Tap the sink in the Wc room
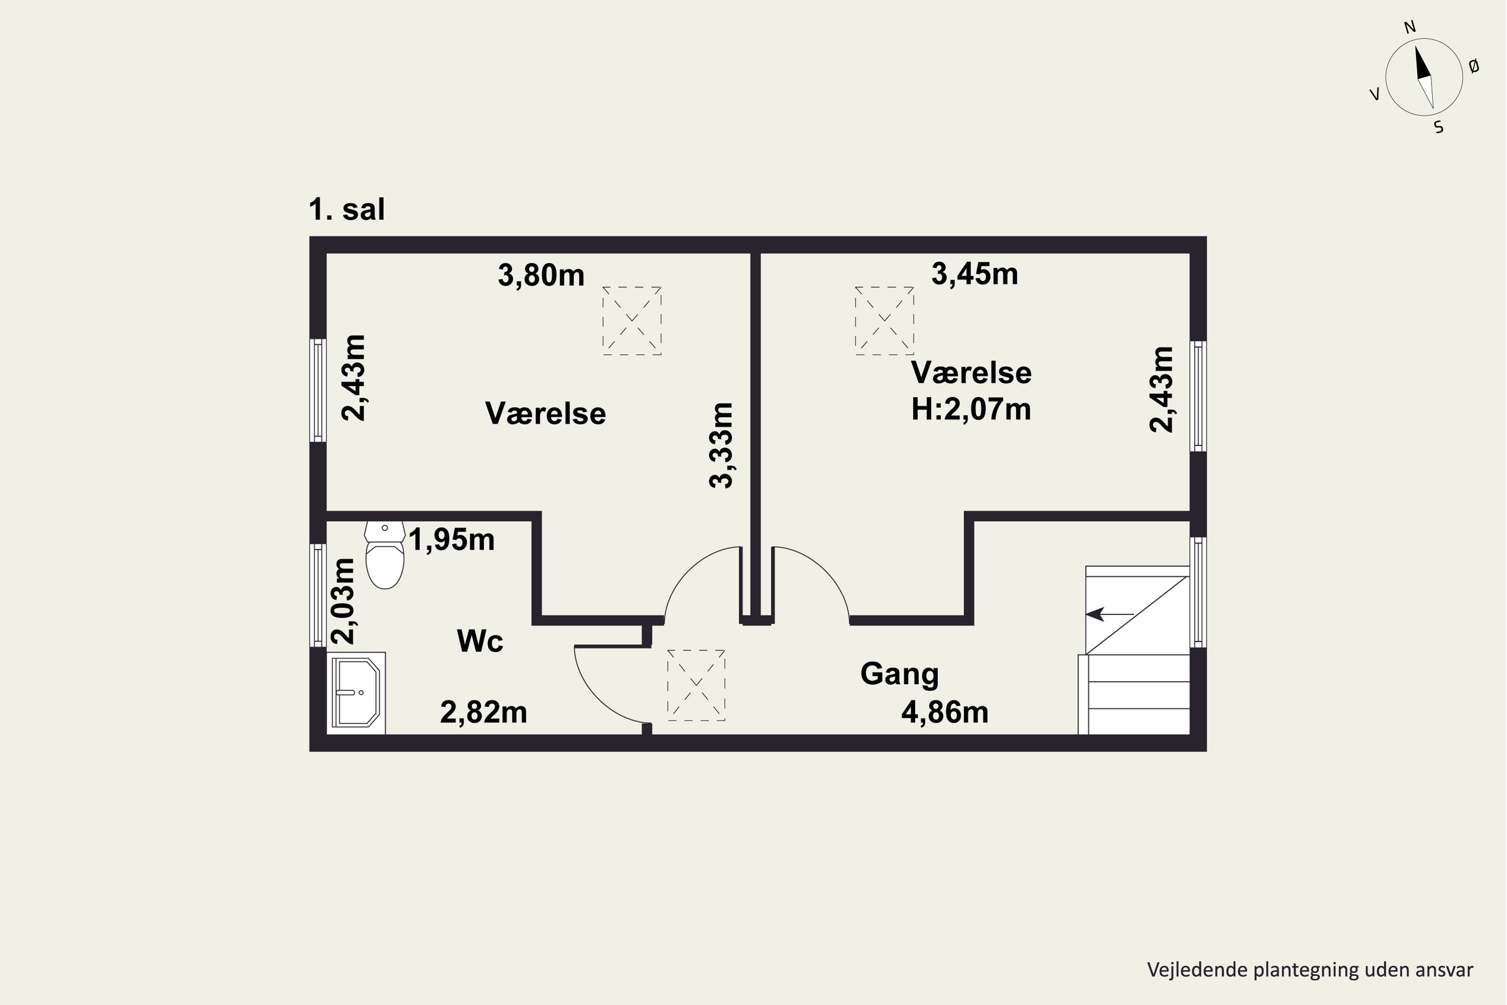[356, 693]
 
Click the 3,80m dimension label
[542, 275]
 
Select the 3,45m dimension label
[975, 274]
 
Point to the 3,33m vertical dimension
[721, 445]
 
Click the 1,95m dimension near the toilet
[452, 540]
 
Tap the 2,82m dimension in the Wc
[484, 713]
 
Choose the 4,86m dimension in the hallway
[945, 713]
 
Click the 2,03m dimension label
[343, 601]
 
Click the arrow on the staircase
[1110, 614]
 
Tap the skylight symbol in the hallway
[696, 686]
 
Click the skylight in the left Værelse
[632, 321]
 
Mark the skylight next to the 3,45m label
[884, 321]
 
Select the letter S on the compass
[1439, 128]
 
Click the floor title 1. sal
[347, 210]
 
